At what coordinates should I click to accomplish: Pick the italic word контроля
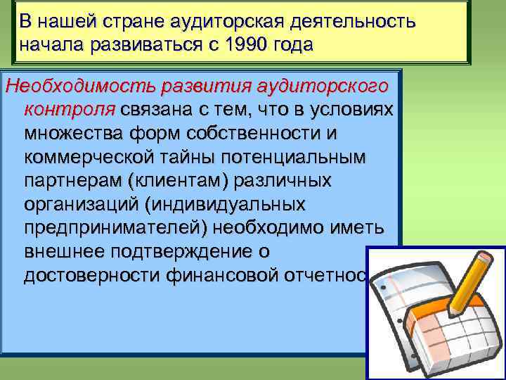(x=70, y=110)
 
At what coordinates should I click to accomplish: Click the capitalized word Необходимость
(x=79, y=87)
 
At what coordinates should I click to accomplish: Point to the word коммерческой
(x=84, y=157)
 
